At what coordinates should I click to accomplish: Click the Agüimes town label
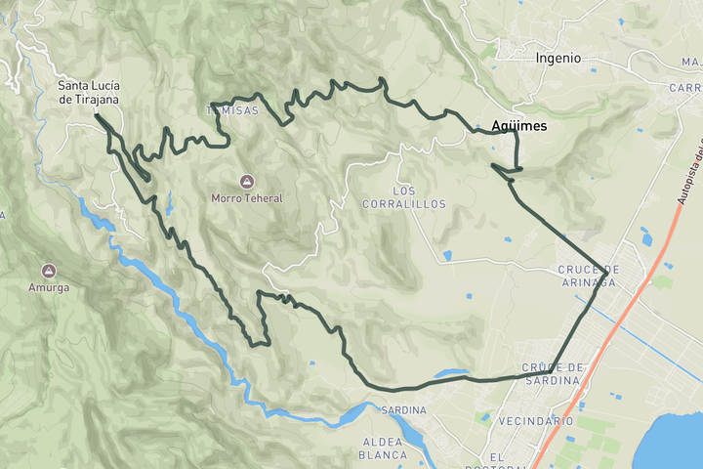tap(519, 126)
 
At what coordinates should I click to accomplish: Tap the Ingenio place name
tap(558, 59)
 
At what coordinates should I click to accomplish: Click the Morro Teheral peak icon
tap(246, 181)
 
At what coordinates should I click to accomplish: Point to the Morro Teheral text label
tap(246, 198)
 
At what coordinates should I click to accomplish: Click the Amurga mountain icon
tap(48, 270)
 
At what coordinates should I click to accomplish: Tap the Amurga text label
tap(48, 287)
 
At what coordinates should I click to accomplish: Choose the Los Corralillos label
tap(403, 196)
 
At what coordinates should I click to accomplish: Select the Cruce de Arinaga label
tap(588, 276)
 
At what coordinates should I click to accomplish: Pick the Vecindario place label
tap(535, 420)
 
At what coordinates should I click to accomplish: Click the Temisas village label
tap(233, 110)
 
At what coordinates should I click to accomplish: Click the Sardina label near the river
tap(403, 409)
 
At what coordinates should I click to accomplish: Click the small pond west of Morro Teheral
tap(168, 202)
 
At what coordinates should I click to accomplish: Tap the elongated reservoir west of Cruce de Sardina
tap(451, 373)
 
